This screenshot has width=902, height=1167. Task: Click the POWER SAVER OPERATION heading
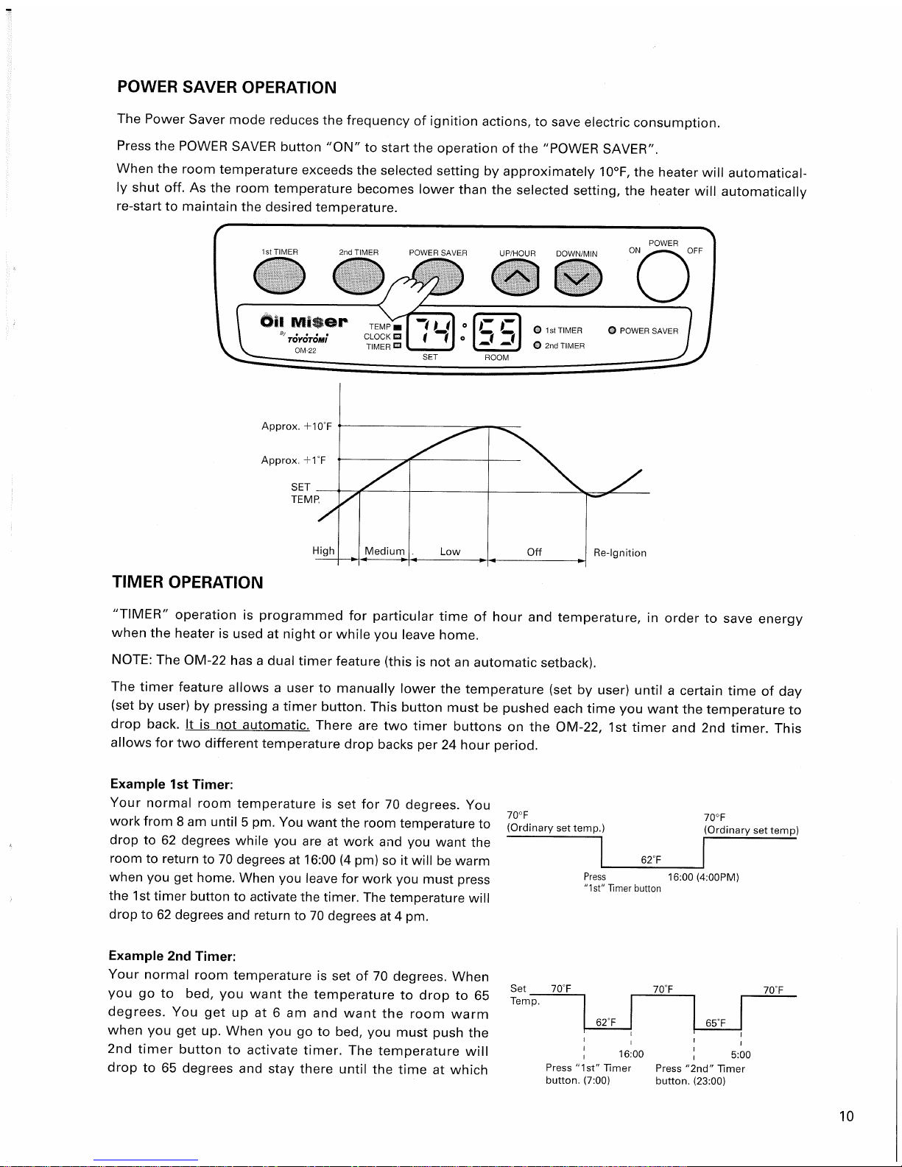[x=227, y=87]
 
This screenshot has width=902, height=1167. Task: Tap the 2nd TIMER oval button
[x=359, y=277]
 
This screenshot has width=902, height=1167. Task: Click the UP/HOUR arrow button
[x=515, y=277]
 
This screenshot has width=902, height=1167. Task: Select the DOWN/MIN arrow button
[x=578, y=278]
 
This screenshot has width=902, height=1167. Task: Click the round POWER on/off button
[x=663, y=277]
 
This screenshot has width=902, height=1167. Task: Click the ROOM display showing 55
[x=496, y=332]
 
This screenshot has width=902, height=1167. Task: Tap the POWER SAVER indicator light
[x=612, y=331]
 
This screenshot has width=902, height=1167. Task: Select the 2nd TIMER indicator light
[x=538, y=345]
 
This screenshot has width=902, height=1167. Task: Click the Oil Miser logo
[x=304, y=322]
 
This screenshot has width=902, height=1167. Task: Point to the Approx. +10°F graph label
[x=296, y=426]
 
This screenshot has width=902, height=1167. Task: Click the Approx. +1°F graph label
[x=293, y=460]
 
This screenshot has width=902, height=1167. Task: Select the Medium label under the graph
[x=384, y=551]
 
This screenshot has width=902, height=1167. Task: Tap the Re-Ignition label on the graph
[x=619, y=553]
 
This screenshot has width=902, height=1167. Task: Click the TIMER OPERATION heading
[x=187, y=582]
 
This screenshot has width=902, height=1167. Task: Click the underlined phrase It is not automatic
[x=247, y=724]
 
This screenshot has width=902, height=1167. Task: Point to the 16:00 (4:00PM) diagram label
[x=703, y=877]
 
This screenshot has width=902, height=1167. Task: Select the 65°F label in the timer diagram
[x=715, y=1023]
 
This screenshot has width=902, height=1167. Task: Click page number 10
[x=846, y=1116]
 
